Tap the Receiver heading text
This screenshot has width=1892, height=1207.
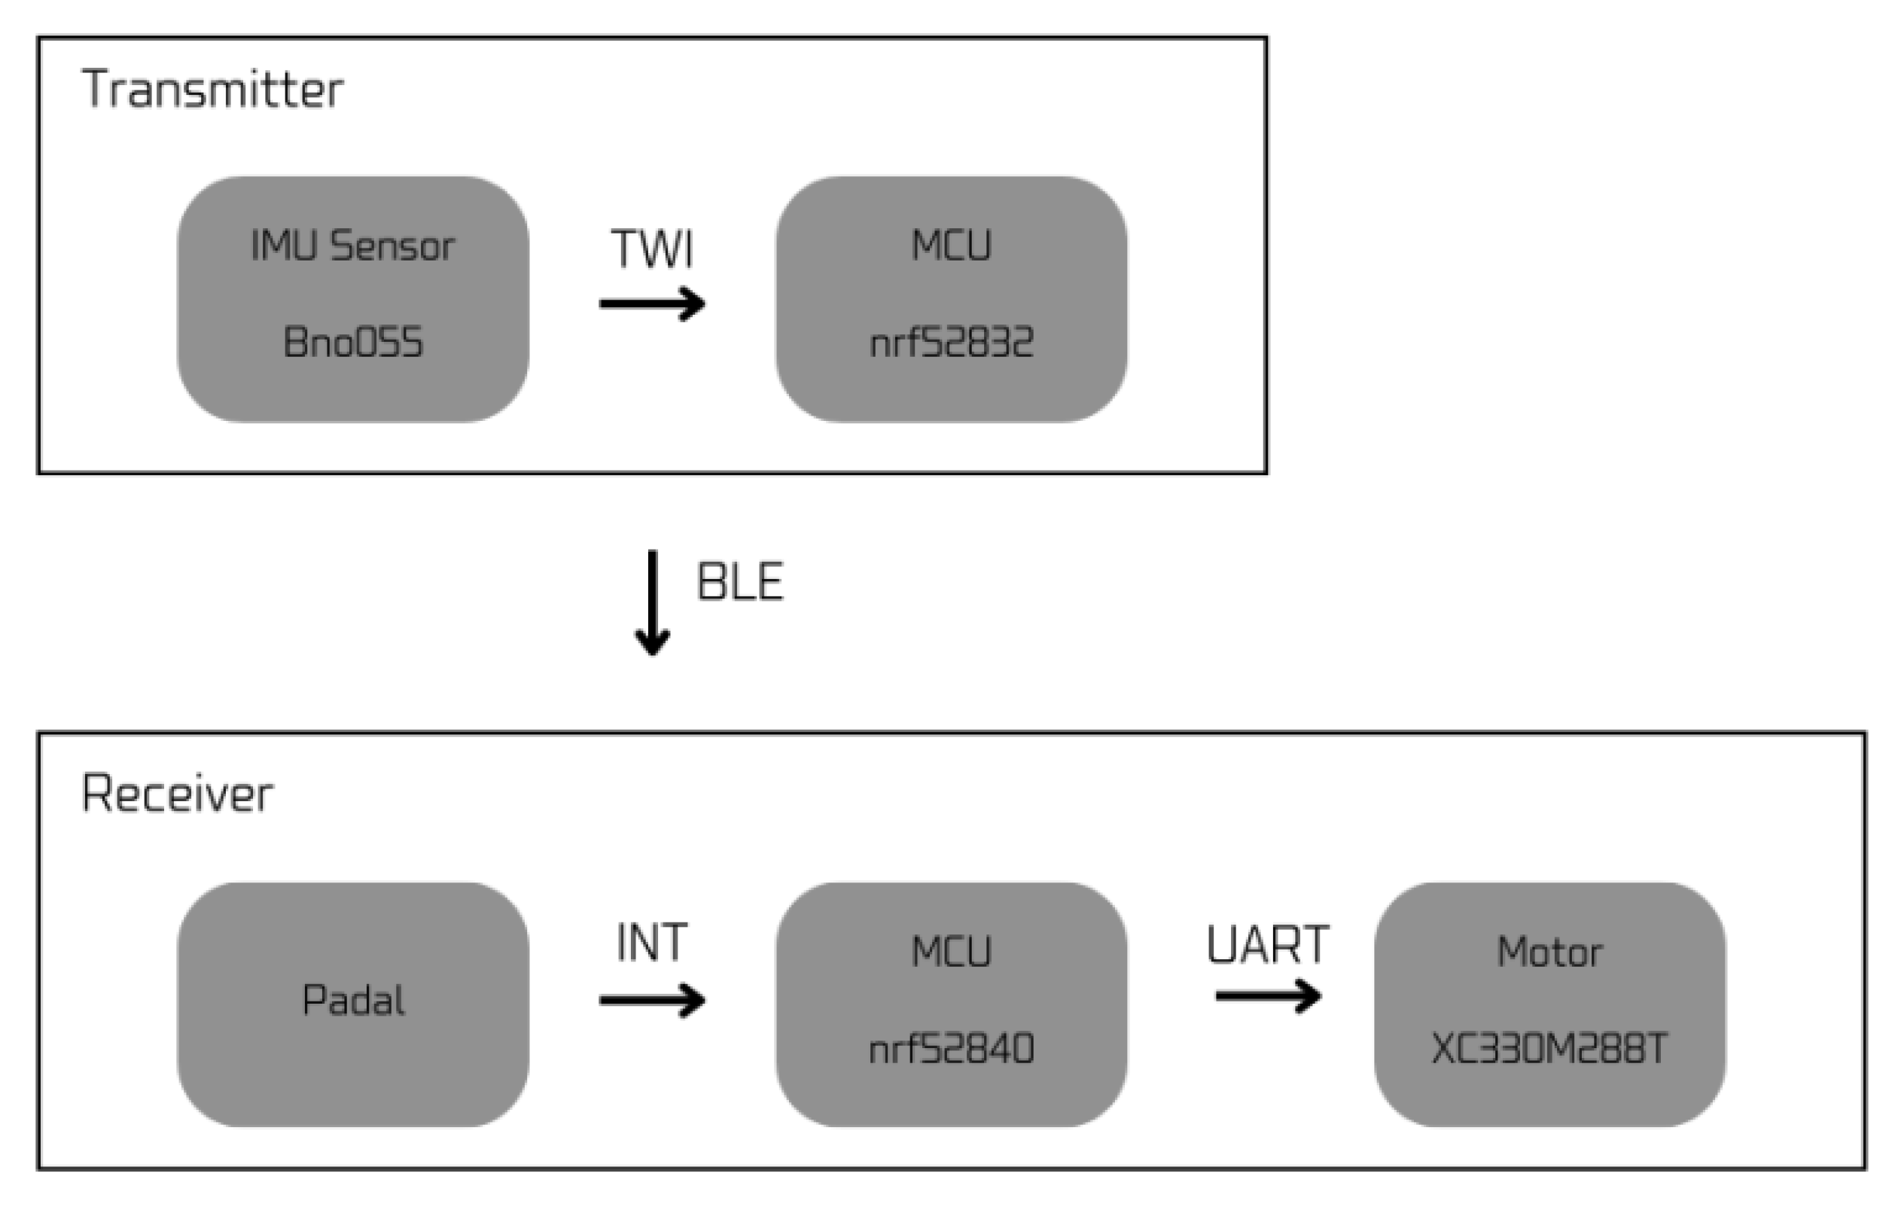(x=178, y=794)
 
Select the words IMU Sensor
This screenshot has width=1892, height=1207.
(x=353, y=245)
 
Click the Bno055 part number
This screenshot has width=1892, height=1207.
(x=353, y=342)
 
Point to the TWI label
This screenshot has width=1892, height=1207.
(x=652, y=249)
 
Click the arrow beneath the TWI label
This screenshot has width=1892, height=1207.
(x=652, y=303)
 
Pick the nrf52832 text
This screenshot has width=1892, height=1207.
(x=952, y=342)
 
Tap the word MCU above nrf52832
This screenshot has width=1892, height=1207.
(x=952, y=245)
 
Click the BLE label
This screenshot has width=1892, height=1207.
(x=740, y=582)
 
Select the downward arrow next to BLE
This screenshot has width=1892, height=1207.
(x=652, y=601)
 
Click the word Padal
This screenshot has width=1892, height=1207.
(x=353, y=1001)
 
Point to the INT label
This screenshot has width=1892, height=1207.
(x=652, y=942)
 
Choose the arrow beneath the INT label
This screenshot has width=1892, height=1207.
(x=652, y=1001)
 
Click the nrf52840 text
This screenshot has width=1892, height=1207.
(x=952, y=1049)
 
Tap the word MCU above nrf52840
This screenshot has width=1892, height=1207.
(x=952, y=952)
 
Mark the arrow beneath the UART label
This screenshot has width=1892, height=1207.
(x=1267, y=995)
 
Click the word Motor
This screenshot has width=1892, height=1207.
(x=1549, y=952)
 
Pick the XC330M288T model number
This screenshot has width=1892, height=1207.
(x=1549, y=1049)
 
